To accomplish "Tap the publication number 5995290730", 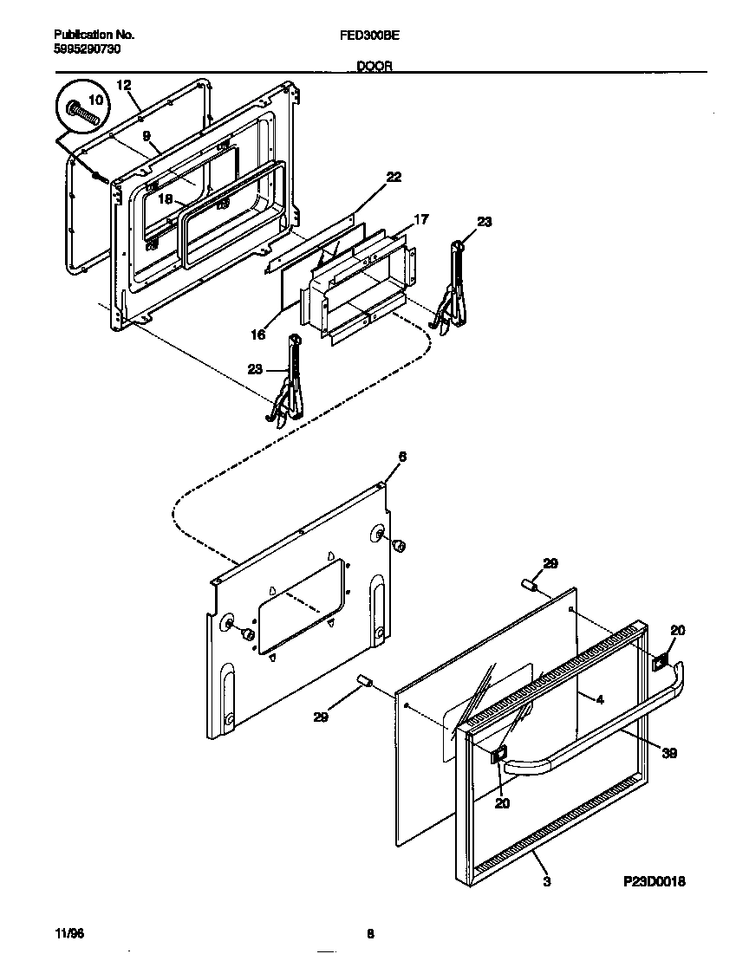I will tap(87, 49).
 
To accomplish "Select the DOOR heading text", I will tap(374, 66).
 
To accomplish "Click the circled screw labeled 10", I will tap(81, 110).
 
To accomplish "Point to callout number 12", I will tap(123, 85).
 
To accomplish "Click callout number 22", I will tap(394, 177).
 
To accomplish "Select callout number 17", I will tap(420, 220).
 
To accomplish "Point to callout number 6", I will tap(401, 456).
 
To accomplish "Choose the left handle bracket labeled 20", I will tap(499, 756).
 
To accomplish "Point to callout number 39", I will tap(669, 754).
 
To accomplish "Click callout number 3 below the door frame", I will tap(546, 881).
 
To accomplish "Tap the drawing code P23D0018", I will tap(655, 881).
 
